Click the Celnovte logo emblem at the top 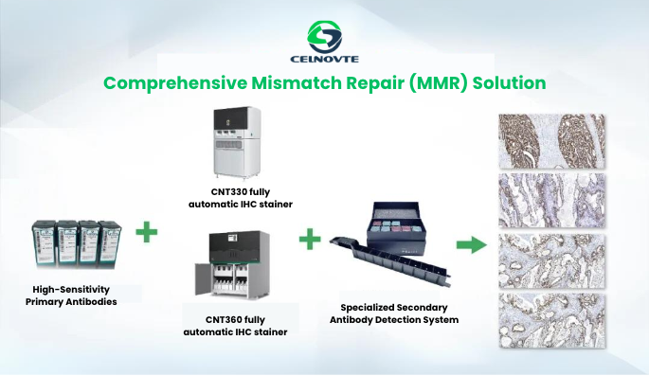point(325,36)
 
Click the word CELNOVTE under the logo point(325,62)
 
